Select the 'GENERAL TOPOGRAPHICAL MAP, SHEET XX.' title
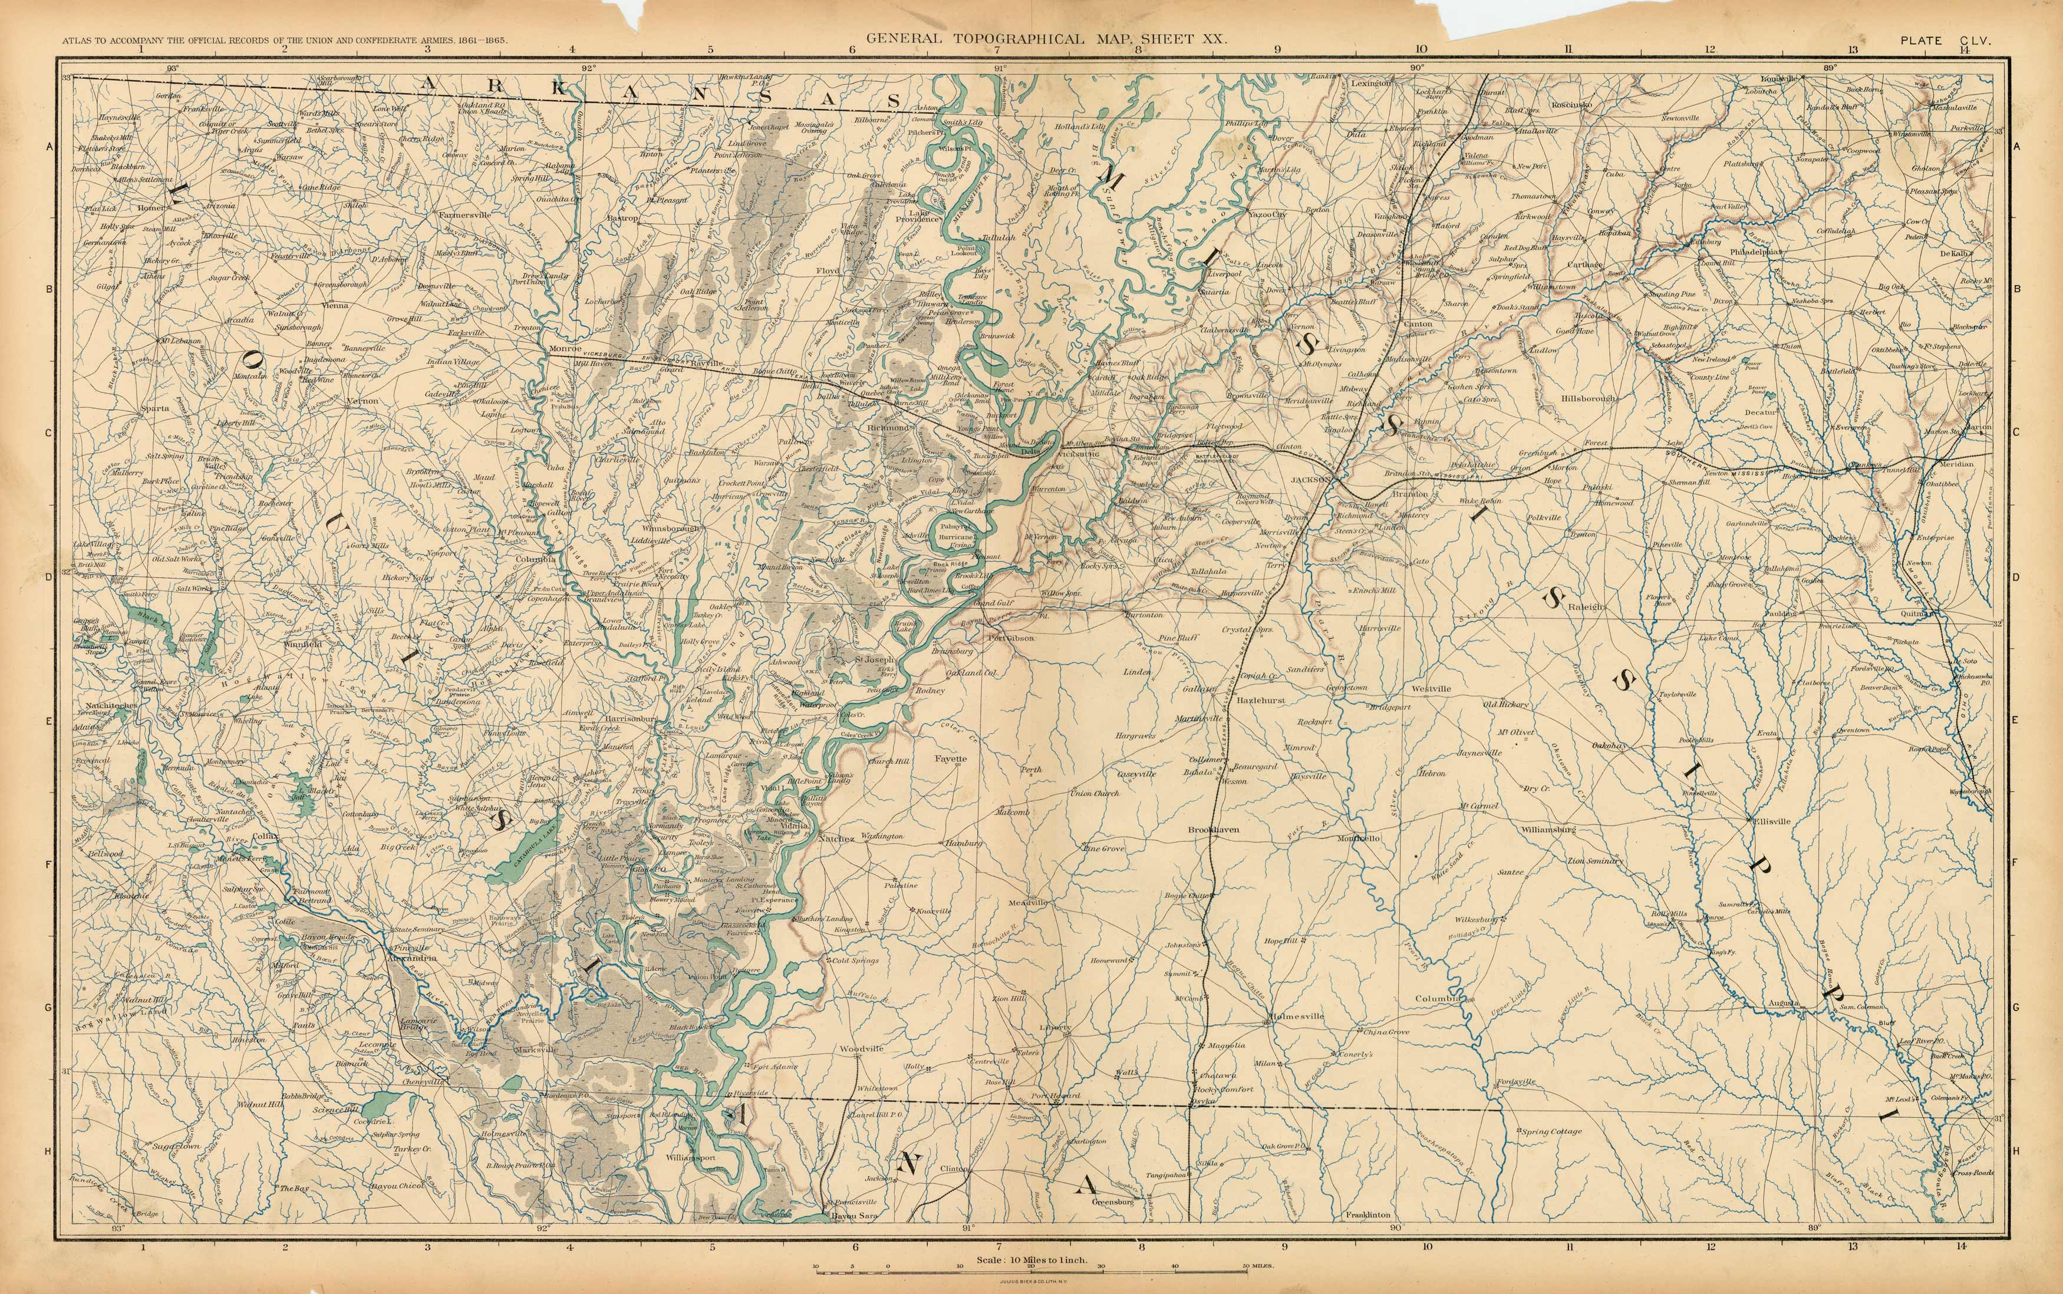tap(1047, 38)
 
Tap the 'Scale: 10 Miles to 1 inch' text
tap(1031, 1260)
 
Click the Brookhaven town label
tap(1213, 829)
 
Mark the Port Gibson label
tap(1010, 638)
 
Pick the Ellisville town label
tap(1768, 821)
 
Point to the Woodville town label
tap(861, 1048)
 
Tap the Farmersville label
tap(465, 215)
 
